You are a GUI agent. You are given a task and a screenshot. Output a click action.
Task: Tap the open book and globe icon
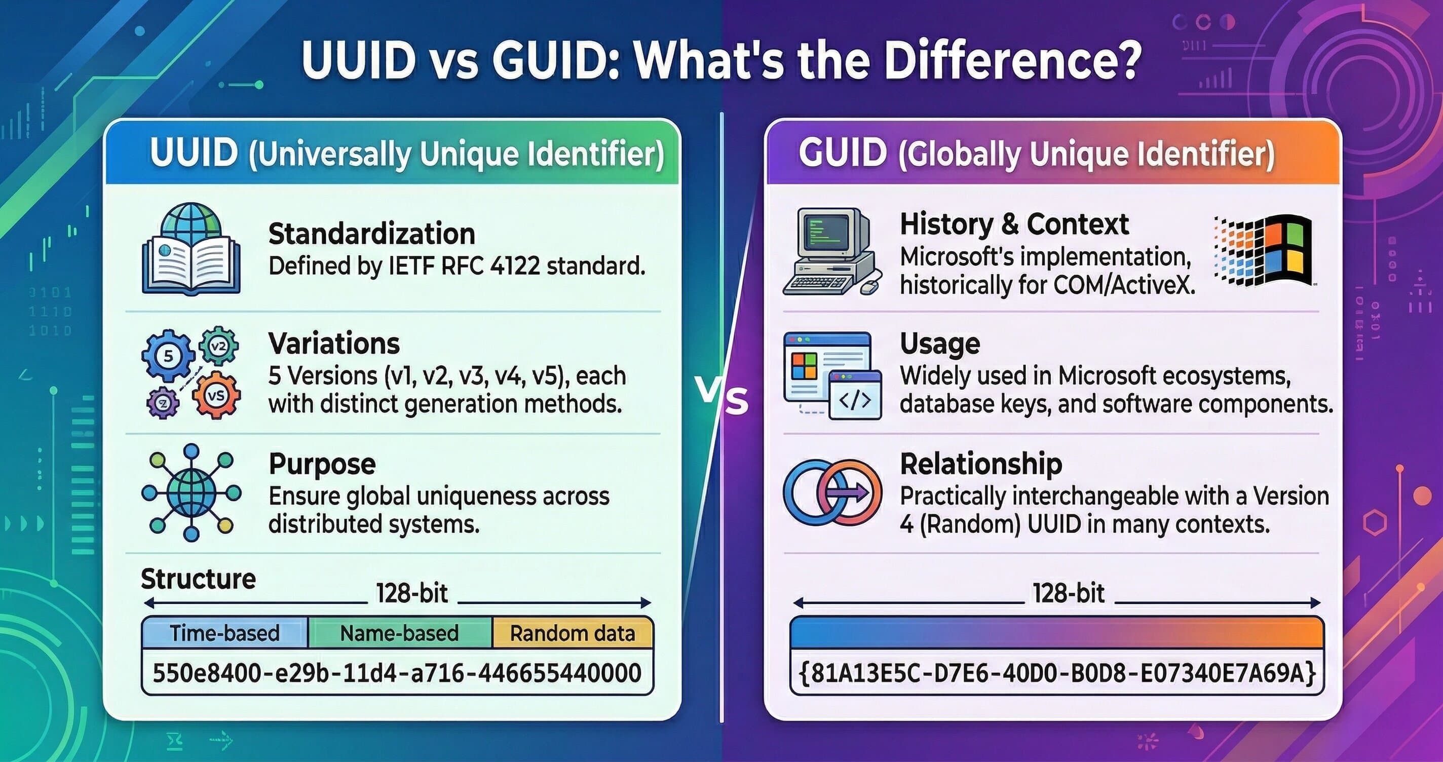coord(191,249)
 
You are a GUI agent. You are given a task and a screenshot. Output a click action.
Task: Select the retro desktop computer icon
coord(831,252)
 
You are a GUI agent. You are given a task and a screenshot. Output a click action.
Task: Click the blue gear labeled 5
coord(168,356)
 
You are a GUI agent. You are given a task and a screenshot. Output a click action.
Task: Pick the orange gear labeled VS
coord(216,396)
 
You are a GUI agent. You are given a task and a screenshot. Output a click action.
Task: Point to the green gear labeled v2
coord(219,346)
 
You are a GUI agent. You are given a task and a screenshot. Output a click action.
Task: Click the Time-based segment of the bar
coord(224,633)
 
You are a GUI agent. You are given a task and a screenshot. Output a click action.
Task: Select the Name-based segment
coord(399,633)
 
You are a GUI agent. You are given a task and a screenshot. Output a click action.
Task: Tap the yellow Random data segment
coord(573,633)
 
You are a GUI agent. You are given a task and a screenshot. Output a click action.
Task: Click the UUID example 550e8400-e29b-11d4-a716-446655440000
coord(397,672)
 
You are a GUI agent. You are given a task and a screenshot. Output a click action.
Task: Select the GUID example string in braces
coord(1056,673)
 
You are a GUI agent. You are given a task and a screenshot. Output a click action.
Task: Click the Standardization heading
coord(371,234)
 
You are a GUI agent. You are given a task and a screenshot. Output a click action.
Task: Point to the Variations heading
coord(334,343)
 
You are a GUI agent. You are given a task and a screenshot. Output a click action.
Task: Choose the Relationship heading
coord(981,464)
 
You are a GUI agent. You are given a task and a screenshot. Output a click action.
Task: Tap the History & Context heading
coord(1014,224)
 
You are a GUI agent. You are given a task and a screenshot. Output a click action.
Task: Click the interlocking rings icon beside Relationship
coord(832,492)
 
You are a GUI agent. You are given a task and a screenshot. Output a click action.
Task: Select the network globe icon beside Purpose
coord(191,492)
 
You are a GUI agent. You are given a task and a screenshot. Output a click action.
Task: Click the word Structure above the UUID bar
coord(198,579)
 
